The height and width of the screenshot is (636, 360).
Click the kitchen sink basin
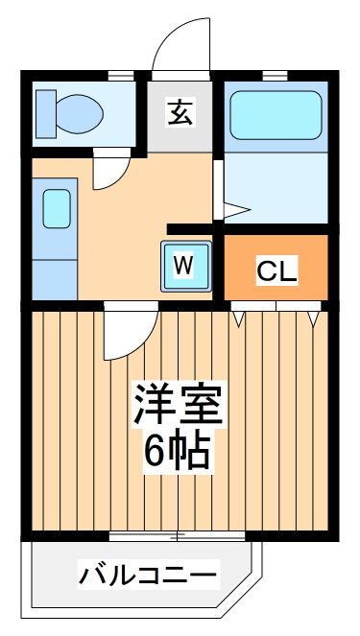click(56, 208)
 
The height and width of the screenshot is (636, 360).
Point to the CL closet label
click(276, 271)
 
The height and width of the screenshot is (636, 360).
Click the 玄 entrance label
click(180, 112)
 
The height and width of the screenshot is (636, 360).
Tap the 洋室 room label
click(179, 407)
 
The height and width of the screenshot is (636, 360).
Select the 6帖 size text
click(179, 450)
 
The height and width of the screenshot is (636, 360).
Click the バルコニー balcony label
click(148, 577)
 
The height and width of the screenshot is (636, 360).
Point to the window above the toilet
click(120, 76)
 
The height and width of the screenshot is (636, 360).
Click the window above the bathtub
click(276, 76)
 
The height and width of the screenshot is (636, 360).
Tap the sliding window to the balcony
click(182, 535)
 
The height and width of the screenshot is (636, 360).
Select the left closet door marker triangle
click(238, 316)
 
